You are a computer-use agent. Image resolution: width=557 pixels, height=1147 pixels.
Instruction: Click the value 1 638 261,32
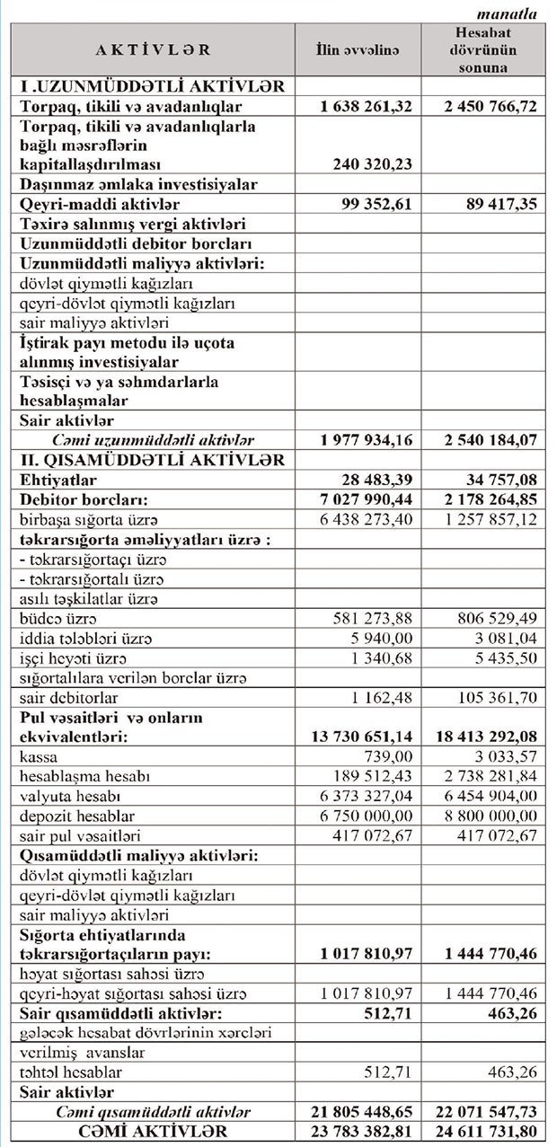[366, 106]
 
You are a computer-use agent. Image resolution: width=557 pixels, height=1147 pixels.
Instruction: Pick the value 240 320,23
[372, 165]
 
